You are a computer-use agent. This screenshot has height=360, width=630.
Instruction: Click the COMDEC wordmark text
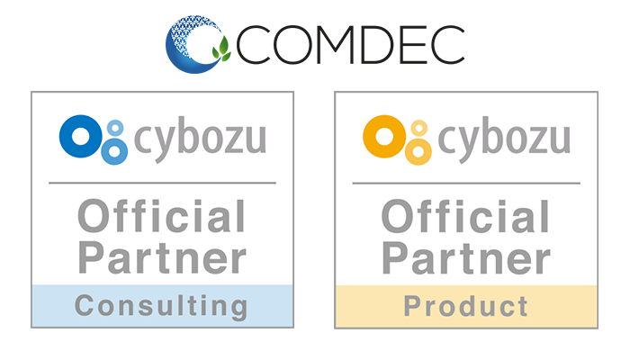(x=353, y=44)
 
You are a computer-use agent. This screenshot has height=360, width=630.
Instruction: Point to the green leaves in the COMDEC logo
(x=220, y=50)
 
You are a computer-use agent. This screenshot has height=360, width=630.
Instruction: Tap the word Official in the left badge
(x=162, y=218)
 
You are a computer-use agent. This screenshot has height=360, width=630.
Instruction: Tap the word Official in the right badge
(x=466, y=218)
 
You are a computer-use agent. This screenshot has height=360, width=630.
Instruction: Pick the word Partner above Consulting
(x=162, y=258)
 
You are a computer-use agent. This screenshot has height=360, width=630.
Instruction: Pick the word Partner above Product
(x=466, y=258)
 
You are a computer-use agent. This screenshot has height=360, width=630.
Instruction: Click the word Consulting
(x=162, y=306)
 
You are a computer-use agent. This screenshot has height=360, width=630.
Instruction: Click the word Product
(x=466, y=306)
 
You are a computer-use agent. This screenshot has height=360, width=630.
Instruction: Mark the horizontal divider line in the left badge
(x=162, y=183)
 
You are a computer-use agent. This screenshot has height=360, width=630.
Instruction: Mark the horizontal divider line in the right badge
(x=466, y=183)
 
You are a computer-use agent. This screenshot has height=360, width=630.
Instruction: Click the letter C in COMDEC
(x=256, y=44)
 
